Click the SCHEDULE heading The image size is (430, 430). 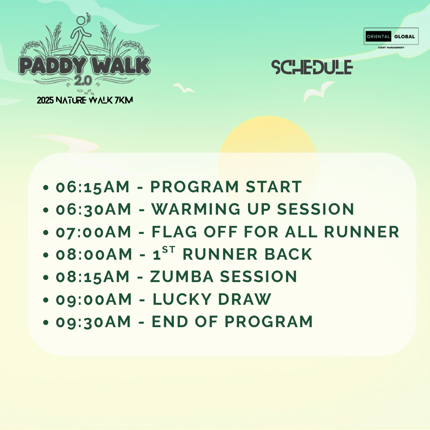[x=312, y=67]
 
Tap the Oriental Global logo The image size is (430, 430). [x=391, y=38]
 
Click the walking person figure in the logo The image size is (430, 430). [x=80, y=36]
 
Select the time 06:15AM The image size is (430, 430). [x=93, y=187]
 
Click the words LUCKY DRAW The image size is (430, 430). [x=212, y=299]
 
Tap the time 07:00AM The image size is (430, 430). [x=93, y=232]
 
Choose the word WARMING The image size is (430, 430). [x=196, y=209]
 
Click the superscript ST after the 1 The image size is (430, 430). [x=169, y=250]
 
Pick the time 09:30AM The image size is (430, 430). [x=93, y=322]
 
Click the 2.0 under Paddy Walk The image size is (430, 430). [x=83, y=80]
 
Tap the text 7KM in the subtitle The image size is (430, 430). [x=124, y=100]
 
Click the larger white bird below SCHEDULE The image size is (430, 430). [x=319, y=92]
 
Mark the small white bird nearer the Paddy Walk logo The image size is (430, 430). [x=184, y=88]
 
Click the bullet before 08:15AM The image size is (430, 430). [x=45, y=277]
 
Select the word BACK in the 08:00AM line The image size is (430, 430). [x=288, y=254]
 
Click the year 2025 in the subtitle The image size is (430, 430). [x=45, y=100]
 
